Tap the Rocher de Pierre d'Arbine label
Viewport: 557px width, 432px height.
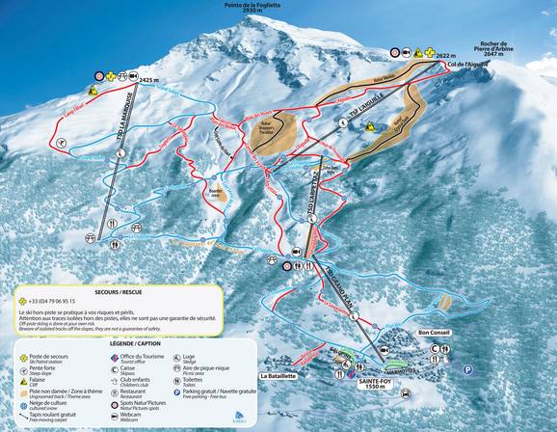tap(507, 49)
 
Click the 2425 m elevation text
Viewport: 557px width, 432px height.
tap(147, 82)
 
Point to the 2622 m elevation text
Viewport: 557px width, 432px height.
tap(444, 57)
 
